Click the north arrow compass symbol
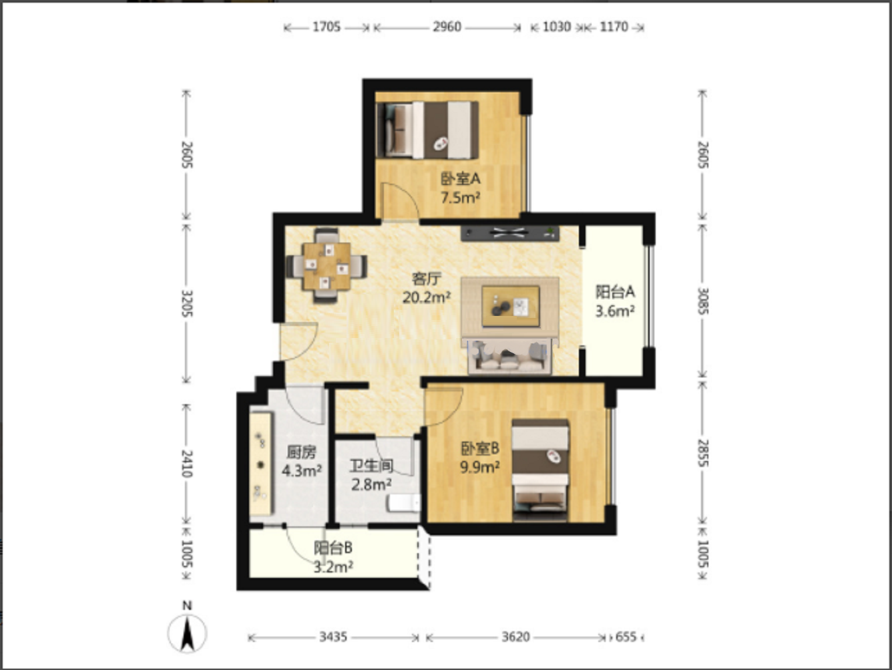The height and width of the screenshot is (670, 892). [187, 628]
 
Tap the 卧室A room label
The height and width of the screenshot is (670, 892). [461, 178]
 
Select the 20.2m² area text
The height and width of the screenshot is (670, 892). [426, 298]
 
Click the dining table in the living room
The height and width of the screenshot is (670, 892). [326, 266]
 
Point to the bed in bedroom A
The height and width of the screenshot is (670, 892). [427, 130]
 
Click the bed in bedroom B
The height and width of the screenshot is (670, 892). [540, 470]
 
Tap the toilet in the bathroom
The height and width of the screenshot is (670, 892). [404, 503]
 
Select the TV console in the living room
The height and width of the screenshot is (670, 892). [510, 233]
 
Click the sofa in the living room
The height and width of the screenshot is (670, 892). [509, 356]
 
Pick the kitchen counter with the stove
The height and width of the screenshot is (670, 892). [260, 464]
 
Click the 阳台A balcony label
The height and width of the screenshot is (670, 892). [615, 292]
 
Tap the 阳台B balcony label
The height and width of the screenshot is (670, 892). [332, 548]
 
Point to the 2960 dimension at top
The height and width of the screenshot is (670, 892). [447, 27]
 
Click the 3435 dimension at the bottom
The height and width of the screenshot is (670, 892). [333, 637]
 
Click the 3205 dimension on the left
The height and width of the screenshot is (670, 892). [187, 303]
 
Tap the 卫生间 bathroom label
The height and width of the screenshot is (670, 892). [371, 466]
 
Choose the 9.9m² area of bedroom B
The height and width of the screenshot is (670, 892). [480, 468]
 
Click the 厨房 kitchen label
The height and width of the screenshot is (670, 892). [301, 452]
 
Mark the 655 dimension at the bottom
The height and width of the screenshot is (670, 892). [626, 637]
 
